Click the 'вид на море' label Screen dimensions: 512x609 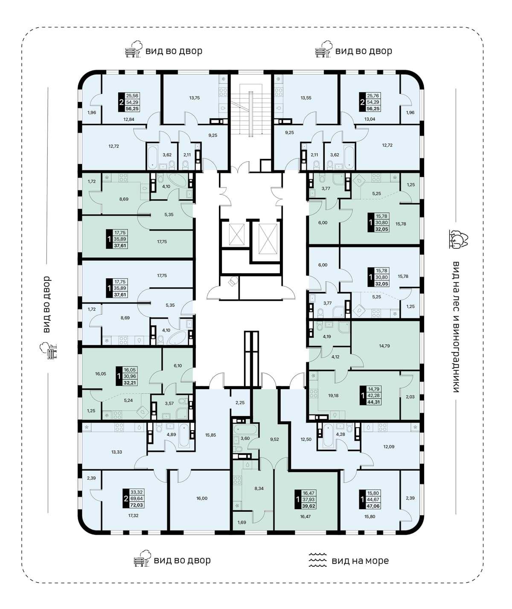(x=360, y=561)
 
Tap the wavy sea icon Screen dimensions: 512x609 (x=318, y=560)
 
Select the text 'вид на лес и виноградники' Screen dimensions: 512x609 (x=456, y=326)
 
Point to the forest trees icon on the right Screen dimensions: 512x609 (x=458, y=239)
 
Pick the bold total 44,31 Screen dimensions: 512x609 (x=374, y=402)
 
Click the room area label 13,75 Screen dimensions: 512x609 (x=195, y=98)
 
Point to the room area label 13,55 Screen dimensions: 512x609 (x=306, y=98)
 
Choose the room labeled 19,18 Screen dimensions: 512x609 (x=333, y=396)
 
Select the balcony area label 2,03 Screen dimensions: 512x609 (x=410, y=396)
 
